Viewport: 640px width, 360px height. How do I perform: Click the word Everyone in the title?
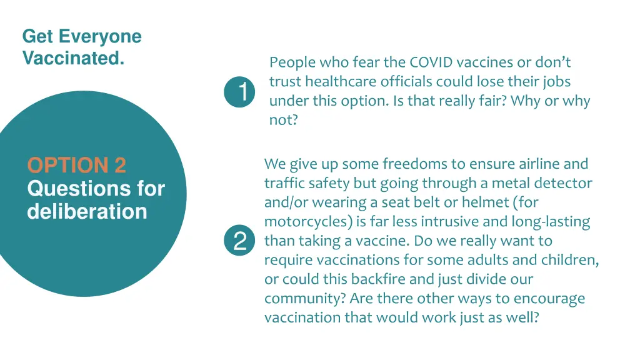click(100, 36)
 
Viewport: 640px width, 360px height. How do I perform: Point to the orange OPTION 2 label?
click(76, 165)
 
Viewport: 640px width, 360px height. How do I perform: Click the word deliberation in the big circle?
click(87, 211)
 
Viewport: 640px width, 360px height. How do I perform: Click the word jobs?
click(556, 82)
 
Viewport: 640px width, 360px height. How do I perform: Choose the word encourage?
click(551, 298)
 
